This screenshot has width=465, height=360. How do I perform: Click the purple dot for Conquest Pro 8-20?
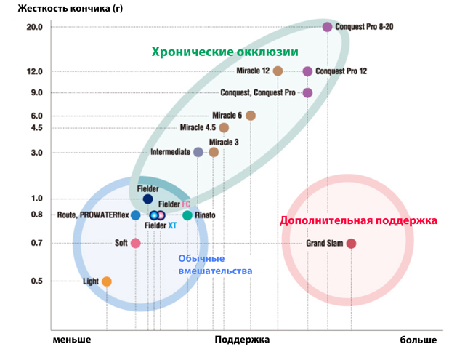pos(327,27)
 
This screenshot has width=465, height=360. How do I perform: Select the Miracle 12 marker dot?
pos(278,71)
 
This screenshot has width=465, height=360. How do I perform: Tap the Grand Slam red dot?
pos(351,244)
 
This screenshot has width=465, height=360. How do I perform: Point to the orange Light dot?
pos(107,281)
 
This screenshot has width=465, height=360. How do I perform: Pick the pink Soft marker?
pos(135,243)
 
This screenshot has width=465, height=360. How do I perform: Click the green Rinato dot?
pos(187,215)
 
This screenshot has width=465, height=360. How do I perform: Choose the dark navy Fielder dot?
pos(147,199)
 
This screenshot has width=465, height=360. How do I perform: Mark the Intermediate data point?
pos(198,152)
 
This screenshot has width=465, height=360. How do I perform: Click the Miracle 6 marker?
pos(251,116)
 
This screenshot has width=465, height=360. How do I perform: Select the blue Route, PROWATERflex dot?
pos(136,215)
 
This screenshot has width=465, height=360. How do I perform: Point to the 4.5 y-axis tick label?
pos(36,128)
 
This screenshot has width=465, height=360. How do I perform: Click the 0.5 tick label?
pos(36,281)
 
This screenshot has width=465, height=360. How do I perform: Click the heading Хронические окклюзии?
pos(225,52)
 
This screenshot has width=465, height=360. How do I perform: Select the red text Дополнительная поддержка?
pos(358,220)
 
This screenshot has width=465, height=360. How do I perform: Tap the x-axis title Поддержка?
pos(242,340)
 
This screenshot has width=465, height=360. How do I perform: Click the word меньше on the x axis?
pos(72,340)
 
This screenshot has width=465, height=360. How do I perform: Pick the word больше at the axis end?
pos(419,340)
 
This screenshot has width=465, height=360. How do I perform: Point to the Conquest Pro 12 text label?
pos(341,71)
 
